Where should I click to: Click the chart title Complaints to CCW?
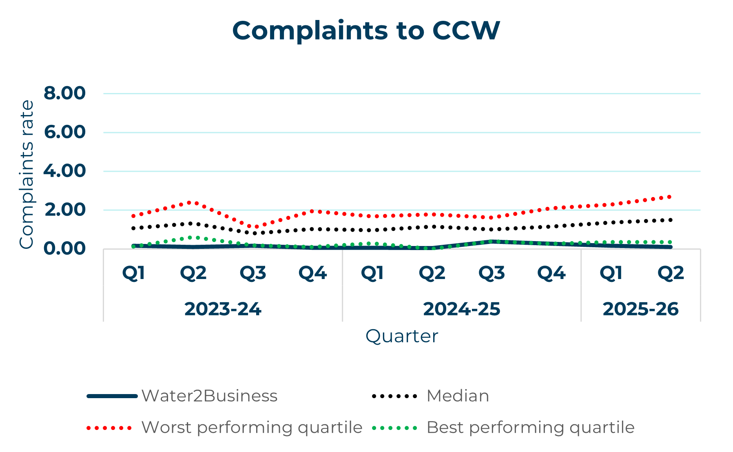[x=366, y=31]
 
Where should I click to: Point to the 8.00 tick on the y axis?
[x=65, y=93]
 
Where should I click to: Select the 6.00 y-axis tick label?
[x=65, y=132]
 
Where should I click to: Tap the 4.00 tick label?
[x=65, y=171]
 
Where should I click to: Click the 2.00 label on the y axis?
[x=65, y=210]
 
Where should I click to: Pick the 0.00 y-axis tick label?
[x=65, y=248]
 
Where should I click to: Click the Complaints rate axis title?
[x=27, y=174]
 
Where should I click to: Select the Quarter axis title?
[x=401, y=337]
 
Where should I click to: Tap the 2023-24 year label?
[x=223, y=309]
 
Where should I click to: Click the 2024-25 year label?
[x=461, y=309]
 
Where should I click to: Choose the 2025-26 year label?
[x=640, y=309]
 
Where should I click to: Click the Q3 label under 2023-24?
[x=252, y=273]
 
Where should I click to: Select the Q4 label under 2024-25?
[x=551, y=273]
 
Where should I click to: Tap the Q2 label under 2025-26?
[x=670, y=273]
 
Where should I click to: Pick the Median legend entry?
[x=457, y=396]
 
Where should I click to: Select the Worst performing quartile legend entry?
[x=251, y=428]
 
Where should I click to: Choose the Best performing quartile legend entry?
[x=530, y=428]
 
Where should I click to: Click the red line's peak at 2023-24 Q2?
[x=193, y=202]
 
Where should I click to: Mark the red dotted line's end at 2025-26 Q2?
[x=670, y=197]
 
